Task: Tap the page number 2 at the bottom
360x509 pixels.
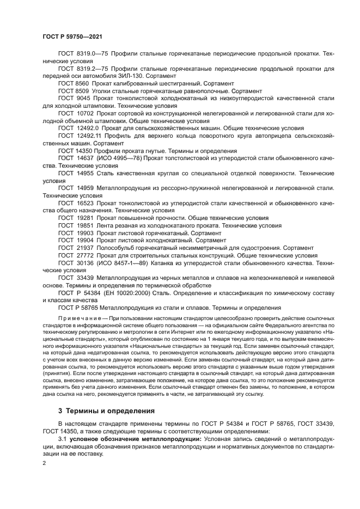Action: (x=44, y=462)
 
